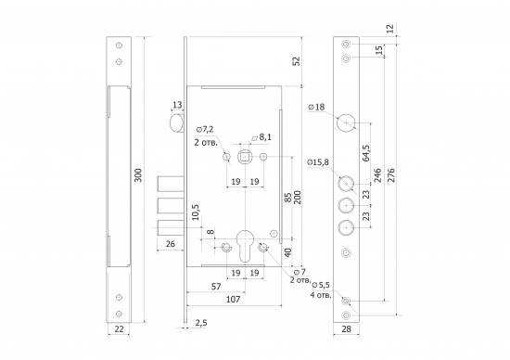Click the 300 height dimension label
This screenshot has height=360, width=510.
(x=138, y=175)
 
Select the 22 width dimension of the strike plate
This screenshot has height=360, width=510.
(x=120, y=329)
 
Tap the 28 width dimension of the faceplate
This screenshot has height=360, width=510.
(x=347, y=329)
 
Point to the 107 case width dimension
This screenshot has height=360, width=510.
(x=233, y=299)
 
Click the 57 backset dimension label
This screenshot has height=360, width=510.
(x=216, y=287)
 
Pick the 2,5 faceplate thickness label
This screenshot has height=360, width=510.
(x=201, y=323)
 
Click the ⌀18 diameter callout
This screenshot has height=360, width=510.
(x=316, y=107)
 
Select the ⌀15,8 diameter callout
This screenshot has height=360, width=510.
(x=318, y=162)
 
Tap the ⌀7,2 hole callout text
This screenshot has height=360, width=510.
(x=205, y=130)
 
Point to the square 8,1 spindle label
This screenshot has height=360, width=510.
(x=261, y=137)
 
